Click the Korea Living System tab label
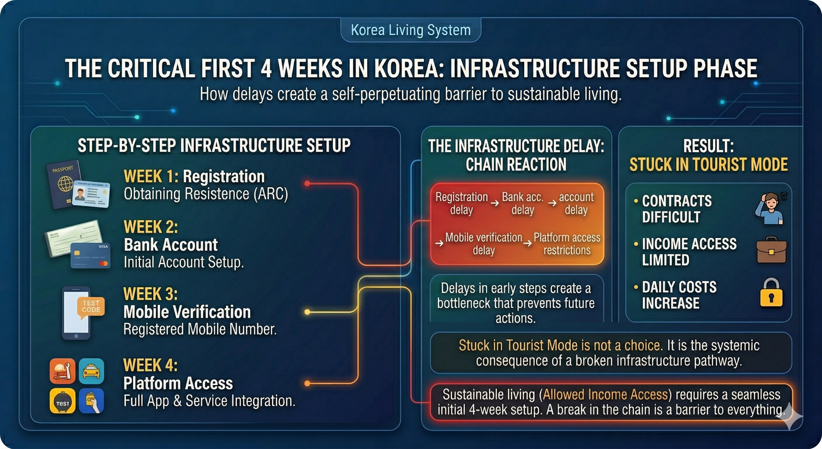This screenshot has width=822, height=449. click(411, 30)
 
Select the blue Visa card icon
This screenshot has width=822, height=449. click(90, 255)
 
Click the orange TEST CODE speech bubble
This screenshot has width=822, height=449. click(91, 307)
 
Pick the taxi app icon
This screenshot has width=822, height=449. click(91, 371)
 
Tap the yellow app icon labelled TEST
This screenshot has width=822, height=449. click(62, 401)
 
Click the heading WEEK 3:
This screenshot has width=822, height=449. click(150, 294)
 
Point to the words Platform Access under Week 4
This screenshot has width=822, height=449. click(178, 383)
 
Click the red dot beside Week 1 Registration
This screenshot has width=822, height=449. click(307, 183)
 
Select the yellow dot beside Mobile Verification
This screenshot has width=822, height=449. click(307, 312)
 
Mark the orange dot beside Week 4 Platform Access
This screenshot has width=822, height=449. click(307, 384)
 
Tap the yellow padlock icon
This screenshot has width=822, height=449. click(771, 293)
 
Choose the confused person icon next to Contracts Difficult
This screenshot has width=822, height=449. click(770, 208)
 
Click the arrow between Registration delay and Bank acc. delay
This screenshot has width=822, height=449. click(495, 203)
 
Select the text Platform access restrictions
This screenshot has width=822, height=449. click(567, 244)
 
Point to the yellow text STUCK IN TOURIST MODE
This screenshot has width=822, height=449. click(709, 165)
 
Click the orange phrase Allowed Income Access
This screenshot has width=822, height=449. click(605, 394)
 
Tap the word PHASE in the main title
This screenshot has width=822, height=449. click(725, 68)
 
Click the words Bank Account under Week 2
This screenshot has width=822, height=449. click(171, 245)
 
